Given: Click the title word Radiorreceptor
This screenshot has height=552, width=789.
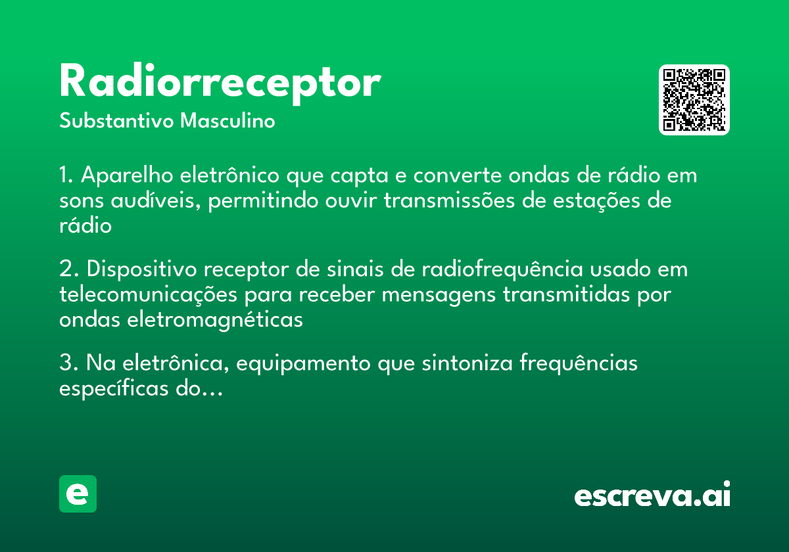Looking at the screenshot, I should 220,83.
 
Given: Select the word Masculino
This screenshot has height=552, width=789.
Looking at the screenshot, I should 227,122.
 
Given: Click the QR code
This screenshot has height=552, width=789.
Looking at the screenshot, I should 694,100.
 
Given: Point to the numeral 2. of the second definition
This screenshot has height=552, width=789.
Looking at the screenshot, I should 68,270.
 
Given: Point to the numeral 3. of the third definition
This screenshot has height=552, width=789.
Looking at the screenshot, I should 68,363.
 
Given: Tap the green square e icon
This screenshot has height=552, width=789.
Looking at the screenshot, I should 78,494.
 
